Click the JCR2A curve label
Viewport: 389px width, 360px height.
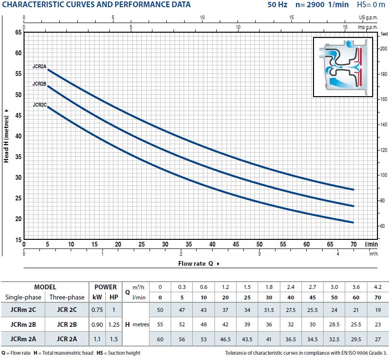(39, 67)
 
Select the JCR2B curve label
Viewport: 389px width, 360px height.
(39, 84)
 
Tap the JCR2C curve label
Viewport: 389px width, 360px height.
(39, 104)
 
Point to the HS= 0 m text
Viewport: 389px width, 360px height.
(371, 5)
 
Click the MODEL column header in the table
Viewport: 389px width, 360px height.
(45, 287)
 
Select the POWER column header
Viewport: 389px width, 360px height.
(105, 287)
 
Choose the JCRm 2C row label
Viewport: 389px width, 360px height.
(23, 310)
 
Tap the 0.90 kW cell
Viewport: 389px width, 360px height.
(97, 324)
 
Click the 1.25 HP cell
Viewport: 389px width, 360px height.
(114, 324)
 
